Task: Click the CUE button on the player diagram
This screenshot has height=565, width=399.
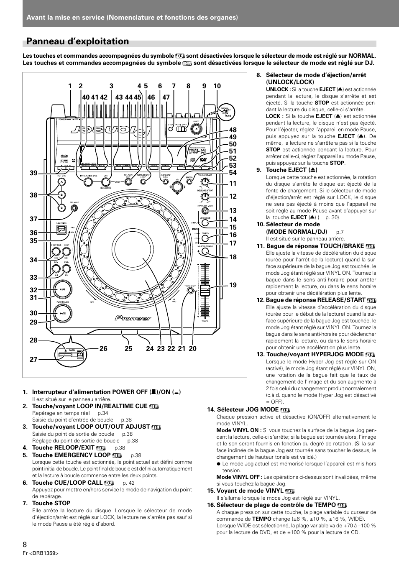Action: pyautogui.click(x=62, y=289)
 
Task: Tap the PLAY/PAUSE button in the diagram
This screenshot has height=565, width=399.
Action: pyautogui.click(x=62, y=313)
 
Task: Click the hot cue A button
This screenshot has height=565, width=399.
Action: pyautogui.click(x=61, y=182)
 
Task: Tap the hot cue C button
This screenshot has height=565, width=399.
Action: pyautogui.click(x=61, y=207)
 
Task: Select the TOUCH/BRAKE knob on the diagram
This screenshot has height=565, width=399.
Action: pyautogui.click(x=204, y=182)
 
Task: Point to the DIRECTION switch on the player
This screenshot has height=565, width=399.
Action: pyautogui.click(x=61, y=229)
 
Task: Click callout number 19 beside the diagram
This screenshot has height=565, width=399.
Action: pyautogui.click(x=233, y=285)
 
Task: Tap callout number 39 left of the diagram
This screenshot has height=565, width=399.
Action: pyautogui.click(x=33, y=173)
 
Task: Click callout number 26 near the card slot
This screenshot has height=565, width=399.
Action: pyautogui.click(x=103, y=348)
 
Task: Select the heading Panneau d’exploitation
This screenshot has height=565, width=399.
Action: pyautogui.click(x=78, y=41)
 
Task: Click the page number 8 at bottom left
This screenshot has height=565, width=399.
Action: pyautogui.click(x=25, y=544)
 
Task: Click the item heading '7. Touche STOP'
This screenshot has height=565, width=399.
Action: pyautogui.click(x=51, y=503)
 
